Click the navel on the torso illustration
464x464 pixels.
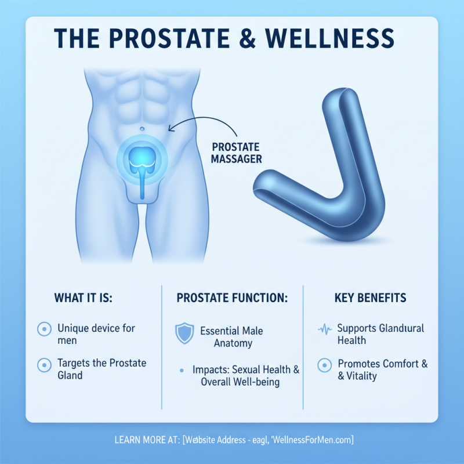[x=141, y=128]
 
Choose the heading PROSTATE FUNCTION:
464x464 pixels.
[x=232, y=298]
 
